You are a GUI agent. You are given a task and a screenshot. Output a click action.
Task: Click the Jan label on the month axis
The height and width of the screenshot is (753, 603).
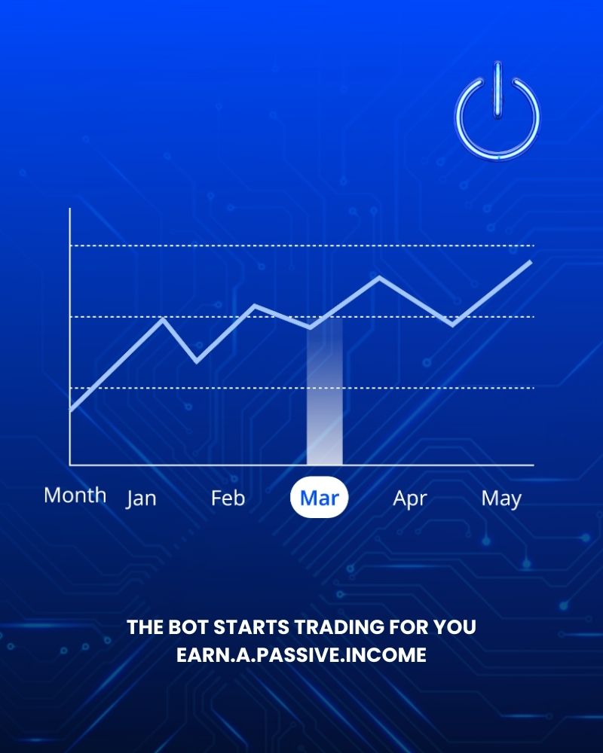point(141,498)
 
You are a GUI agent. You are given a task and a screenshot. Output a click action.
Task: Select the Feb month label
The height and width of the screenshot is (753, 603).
point(228,498)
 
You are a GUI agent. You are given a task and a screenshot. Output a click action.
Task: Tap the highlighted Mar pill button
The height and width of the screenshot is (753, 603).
point(320,498)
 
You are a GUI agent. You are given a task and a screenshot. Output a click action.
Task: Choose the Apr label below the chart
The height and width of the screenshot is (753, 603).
point(410,498)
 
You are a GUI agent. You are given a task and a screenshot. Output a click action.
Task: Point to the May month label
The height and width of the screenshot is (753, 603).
point(501,498)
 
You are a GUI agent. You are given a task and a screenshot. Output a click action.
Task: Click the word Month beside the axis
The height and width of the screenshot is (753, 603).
point(75,495)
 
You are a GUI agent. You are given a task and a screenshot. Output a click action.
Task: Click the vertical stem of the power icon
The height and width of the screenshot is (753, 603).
point(497,90)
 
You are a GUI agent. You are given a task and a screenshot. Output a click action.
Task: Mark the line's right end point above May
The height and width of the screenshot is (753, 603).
point(531,261)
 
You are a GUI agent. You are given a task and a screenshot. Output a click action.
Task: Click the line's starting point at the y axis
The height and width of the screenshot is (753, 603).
point(71,410)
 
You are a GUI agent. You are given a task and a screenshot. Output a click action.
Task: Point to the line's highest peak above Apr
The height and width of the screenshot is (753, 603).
point(379,278)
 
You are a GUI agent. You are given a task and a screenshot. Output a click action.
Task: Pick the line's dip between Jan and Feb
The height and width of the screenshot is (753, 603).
point(197,361)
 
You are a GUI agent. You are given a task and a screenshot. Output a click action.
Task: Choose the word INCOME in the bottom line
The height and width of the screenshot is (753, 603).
point(394,655)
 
